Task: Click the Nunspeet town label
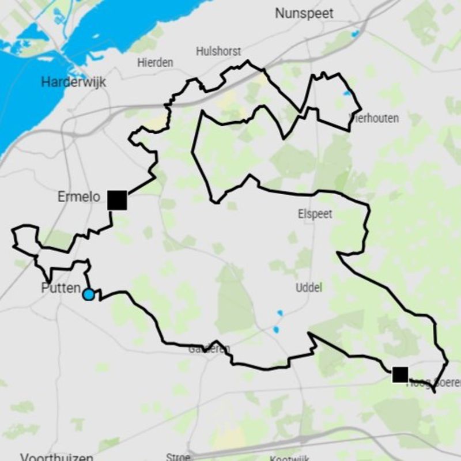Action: point(304,13)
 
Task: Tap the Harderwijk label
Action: point(74,82)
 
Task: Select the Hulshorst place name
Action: point(218,51)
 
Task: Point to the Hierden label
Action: point(155,63)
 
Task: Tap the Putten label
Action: point(60,288)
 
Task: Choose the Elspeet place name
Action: point(315,214)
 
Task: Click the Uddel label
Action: point(308,288)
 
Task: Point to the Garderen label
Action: point(209,349)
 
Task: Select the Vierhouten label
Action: point(375,118)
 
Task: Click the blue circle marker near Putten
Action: point(88,294)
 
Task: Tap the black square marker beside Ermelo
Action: point(117,200)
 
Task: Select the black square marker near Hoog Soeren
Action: point(400,375)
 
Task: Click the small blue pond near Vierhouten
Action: point(346,93)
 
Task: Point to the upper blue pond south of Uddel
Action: point(280,313)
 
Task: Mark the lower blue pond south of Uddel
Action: point(276,330)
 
